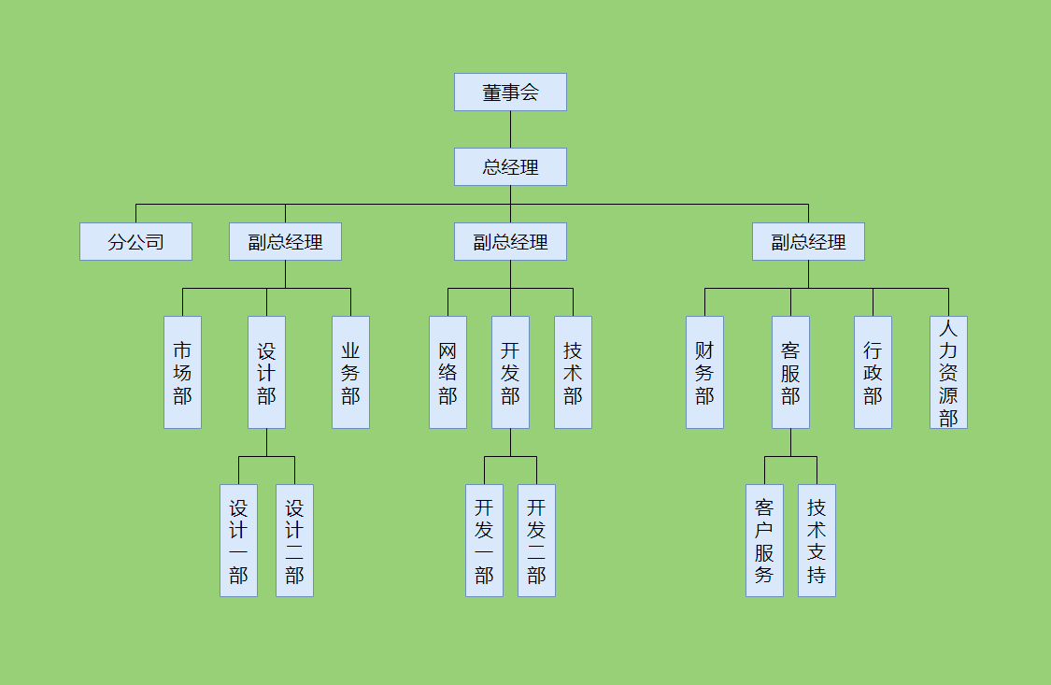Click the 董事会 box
[510, 93]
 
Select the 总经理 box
[510, 167]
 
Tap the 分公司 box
[135, 242]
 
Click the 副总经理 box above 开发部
[510, 242]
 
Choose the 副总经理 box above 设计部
[285, 242]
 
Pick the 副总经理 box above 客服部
[808, 242]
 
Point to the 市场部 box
[182, 372]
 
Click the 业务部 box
[350, 372]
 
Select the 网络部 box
[447, 372]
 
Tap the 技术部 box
[573, 372]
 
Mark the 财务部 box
[704, 372]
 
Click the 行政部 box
[873, 372]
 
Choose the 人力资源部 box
[948, 372]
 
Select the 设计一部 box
[238, 540]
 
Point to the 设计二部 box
[294, 540]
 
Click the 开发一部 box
[484, 540]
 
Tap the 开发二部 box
[536, 540]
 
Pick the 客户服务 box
[764, 540]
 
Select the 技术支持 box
[817, 540]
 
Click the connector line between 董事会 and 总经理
[510, 130]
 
